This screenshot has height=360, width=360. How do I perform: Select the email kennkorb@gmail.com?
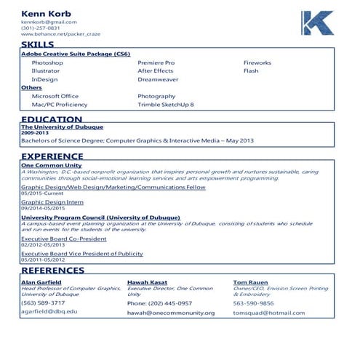click(49, 22)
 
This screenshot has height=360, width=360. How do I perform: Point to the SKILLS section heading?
click(38, 45)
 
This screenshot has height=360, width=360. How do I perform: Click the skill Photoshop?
click(47, 63)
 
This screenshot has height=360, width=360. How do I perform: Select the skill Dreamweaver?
click(158, 79)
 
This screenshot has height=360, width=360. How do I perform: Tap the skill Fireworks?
click(257, 63)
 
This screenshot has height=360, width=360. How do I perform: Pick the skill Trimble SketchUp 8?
click(166, 105)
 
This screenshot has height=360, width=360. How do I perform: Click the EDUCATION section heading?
click(52, 119)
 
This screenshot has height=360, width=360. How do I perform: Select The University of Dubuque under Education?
click(63, 127)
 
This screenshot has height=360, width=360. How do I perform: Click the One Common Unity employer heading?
click(52, 165)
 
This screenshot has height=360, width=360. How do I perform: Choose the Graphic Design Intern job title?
click(52, 201)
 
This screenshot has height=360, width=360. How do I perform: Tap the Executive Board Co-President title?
click(63, 239)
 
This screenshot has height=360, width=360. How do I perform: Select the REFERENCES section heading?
click(53, 271)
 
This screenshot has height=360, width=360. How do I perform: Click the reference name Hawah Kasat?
click(148, 281)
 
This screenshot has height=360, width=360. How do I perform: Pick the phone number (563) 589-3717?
click(43, 303)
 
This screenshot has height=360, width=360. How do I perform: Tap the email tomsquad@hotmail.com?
click(269, 313)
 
